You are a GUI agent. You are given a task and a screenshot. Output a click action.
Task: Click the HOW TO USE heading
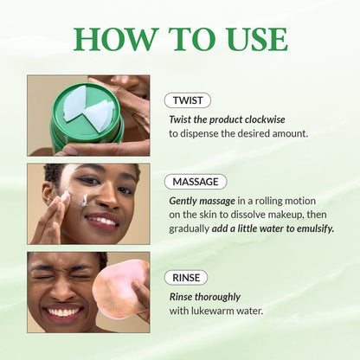point(180,38)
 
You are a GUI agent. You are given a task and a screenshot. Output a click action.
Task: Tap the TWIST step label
point(187,100)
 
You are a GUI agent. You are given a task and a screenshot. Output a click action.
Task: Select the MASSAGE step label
point(195,182)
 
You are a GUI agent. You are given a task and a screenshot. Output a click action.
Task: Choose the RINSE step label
point(186,277)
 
